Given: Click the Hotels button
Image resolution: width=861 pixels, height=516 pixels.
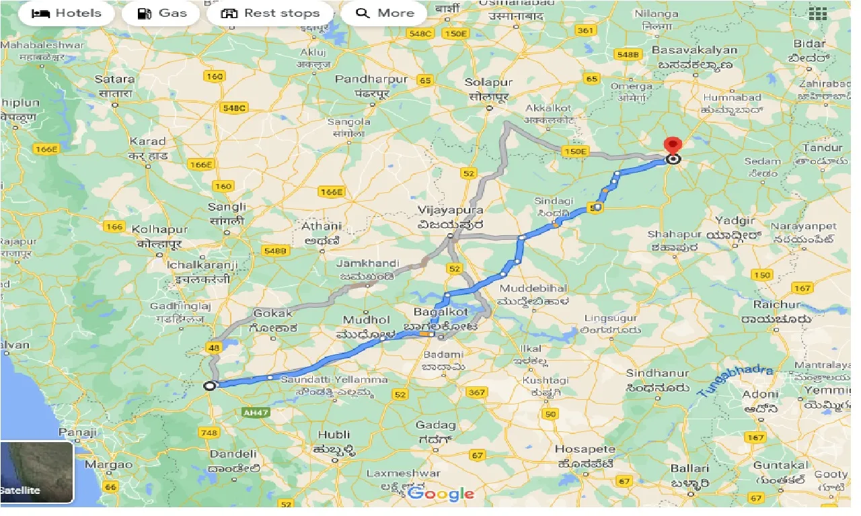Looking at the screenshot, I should coord(67,13).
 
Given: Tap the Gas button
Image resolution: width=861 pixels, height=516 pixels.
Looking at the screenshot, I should coord(161,13).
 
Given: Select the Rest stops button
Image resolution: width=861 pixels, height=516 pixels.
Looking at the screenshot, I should coord(270,13).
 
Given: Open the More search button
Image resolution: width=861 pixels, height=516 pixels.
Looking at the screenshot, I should coord(384,13).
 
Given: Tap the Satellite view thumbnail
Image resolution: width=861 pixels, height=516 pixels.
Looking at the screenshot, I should coord(36,472).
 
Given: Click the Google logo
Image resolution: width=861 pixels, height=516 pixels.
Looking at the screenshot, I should coord(441,494).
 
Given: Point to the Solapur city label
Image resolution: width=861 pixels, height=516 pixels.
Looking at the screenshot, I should coord(489,83).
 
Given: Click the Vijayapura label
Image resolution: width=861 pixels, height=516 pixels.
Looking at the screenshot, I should coord(450,210).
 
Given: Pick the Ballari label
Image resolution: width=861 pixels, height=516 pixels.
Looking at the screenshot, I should coord(689,468).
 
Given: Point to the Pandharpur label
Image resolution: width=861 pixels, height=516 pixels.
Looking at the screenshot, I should coord(371,79).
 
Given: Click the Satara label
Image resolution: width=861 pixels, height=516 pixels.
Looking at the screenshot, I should coord(115,79).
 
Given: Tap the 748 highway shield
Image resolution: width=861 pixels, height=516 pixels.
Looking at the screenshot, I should coord(209,432).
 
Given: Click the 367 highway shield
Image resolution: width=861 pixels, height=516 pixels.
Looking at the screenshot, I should coord(476,392).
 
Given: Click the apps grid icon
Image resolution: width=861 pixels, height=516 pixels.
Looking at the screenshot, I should coord(817,13).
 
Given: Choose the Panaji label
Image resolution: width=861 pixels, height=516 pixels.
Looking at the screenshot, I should coord(77,432).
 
